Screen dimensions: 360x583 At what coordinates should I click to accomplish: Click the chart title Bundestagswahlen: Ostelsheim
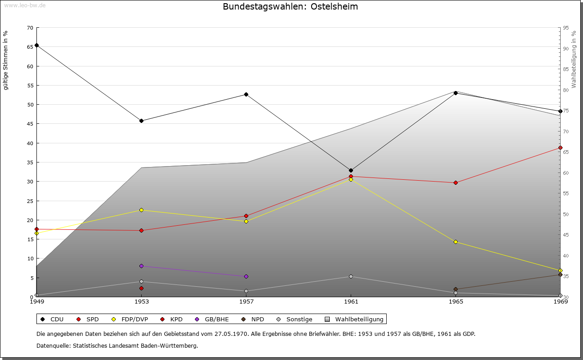click(x=290, y=7)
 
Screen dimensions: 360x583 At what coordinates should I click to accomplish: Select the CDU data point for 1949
click(x=36, y=45)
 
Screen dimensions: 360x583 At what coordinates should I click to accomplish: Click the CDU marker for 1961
click(x=351, y=170)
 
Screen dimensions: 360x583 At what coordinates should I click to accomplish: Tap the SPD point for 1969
click(x=560, y=147)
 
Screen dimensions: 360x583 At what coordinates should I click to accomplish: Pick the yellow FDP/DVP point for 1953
click(x=141, y=210)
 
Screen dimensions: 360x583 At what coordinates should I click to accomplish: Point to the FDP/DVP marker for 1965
click(x=455, y=242)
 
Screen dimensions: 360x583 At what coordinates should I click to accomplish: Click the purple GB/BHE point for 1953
click(x=141, y=266)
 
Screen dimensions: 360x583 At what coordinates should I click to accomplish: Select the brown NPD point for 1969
click(x=560, y=274)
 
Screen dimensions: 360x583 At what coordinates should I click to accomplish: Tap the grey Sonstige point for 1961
click(x=351, y=276)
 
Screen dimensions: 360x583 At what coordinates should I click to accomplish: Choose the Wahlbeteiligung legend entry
click(x=356, y=319)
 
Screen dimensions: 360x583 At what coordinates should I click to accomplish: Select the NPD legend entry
click(x=253, y=319)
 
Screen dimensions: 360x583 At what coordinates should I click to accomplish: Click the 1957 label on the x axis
click(x=246, y=301)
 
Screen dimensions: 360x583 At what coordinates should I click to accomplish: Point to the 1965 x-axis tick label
click(x=455, y=301)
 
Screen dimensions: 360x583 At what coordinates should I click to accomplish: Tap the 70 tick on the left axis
click(x=30, y=28)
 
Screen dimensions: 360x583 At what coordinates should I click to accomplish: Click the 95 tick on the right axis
click(x=566, y=28)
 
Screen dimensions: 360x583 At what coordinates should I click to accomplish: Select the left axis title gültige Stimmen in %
click(x=6, y=61)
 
